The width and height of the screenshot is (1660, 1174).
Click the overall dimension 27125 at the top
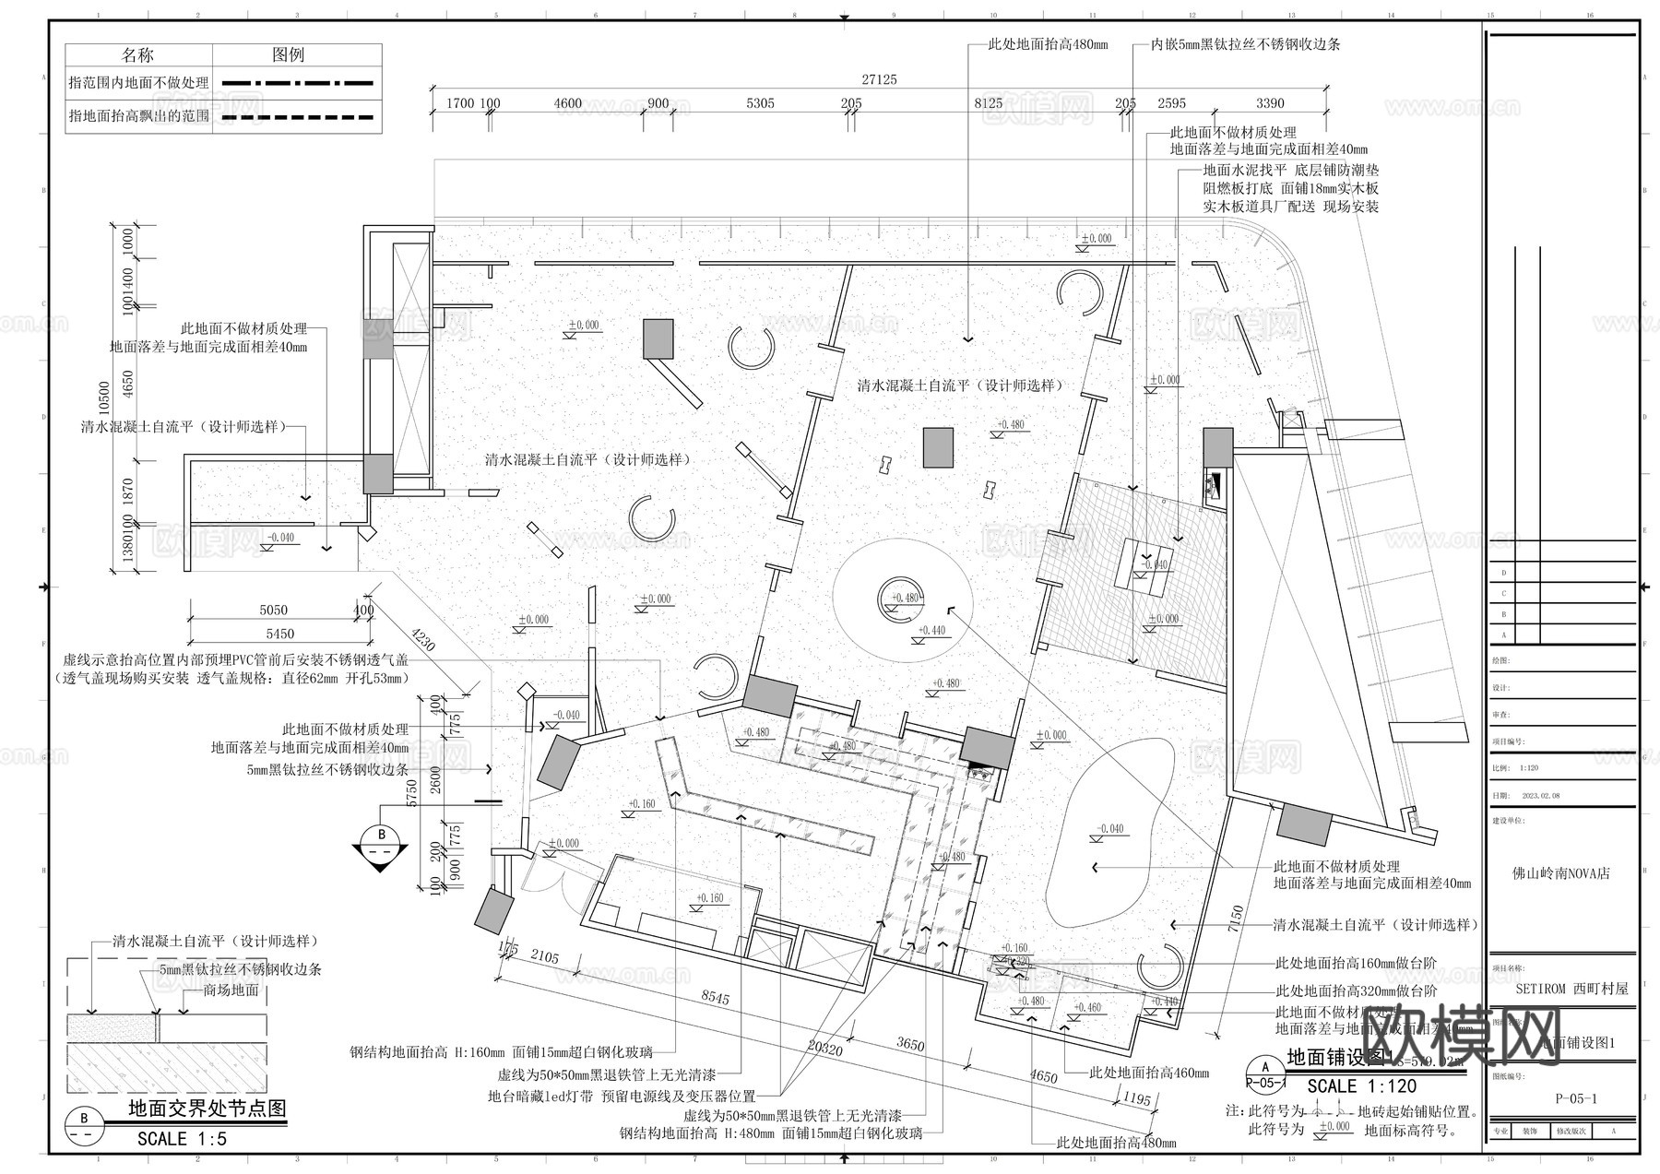tap(878, 80)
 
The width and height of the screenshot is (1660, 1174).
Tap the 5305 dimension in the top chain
tap(760, 103)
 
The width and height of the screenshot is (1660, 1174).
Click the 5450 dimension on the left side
tap(279, 634)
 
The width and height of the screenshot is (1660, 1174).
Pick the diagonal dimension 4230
tap(423, 642)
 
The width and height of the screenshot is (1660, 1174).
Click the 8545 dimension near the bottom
tap(715, 999)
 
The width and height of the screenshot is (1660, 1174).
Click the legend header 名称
tap(138, 55)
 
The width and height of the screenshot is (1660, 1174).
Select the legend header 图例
tap(288, 55)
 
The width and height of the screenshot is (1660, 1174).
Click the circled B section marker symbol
tap(380, 836)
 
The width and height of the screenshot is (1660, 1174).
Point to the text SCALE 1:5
tap(182, 1139)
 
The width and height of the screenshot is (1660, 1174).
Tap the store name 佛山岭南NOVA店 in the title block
tap(1560, 872)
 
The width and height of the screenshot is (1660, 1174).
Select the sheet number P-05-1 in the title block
tap(1575, 1098)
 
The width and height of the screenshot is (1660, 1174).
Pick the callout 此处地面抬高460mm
tap(1149, 1073)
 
